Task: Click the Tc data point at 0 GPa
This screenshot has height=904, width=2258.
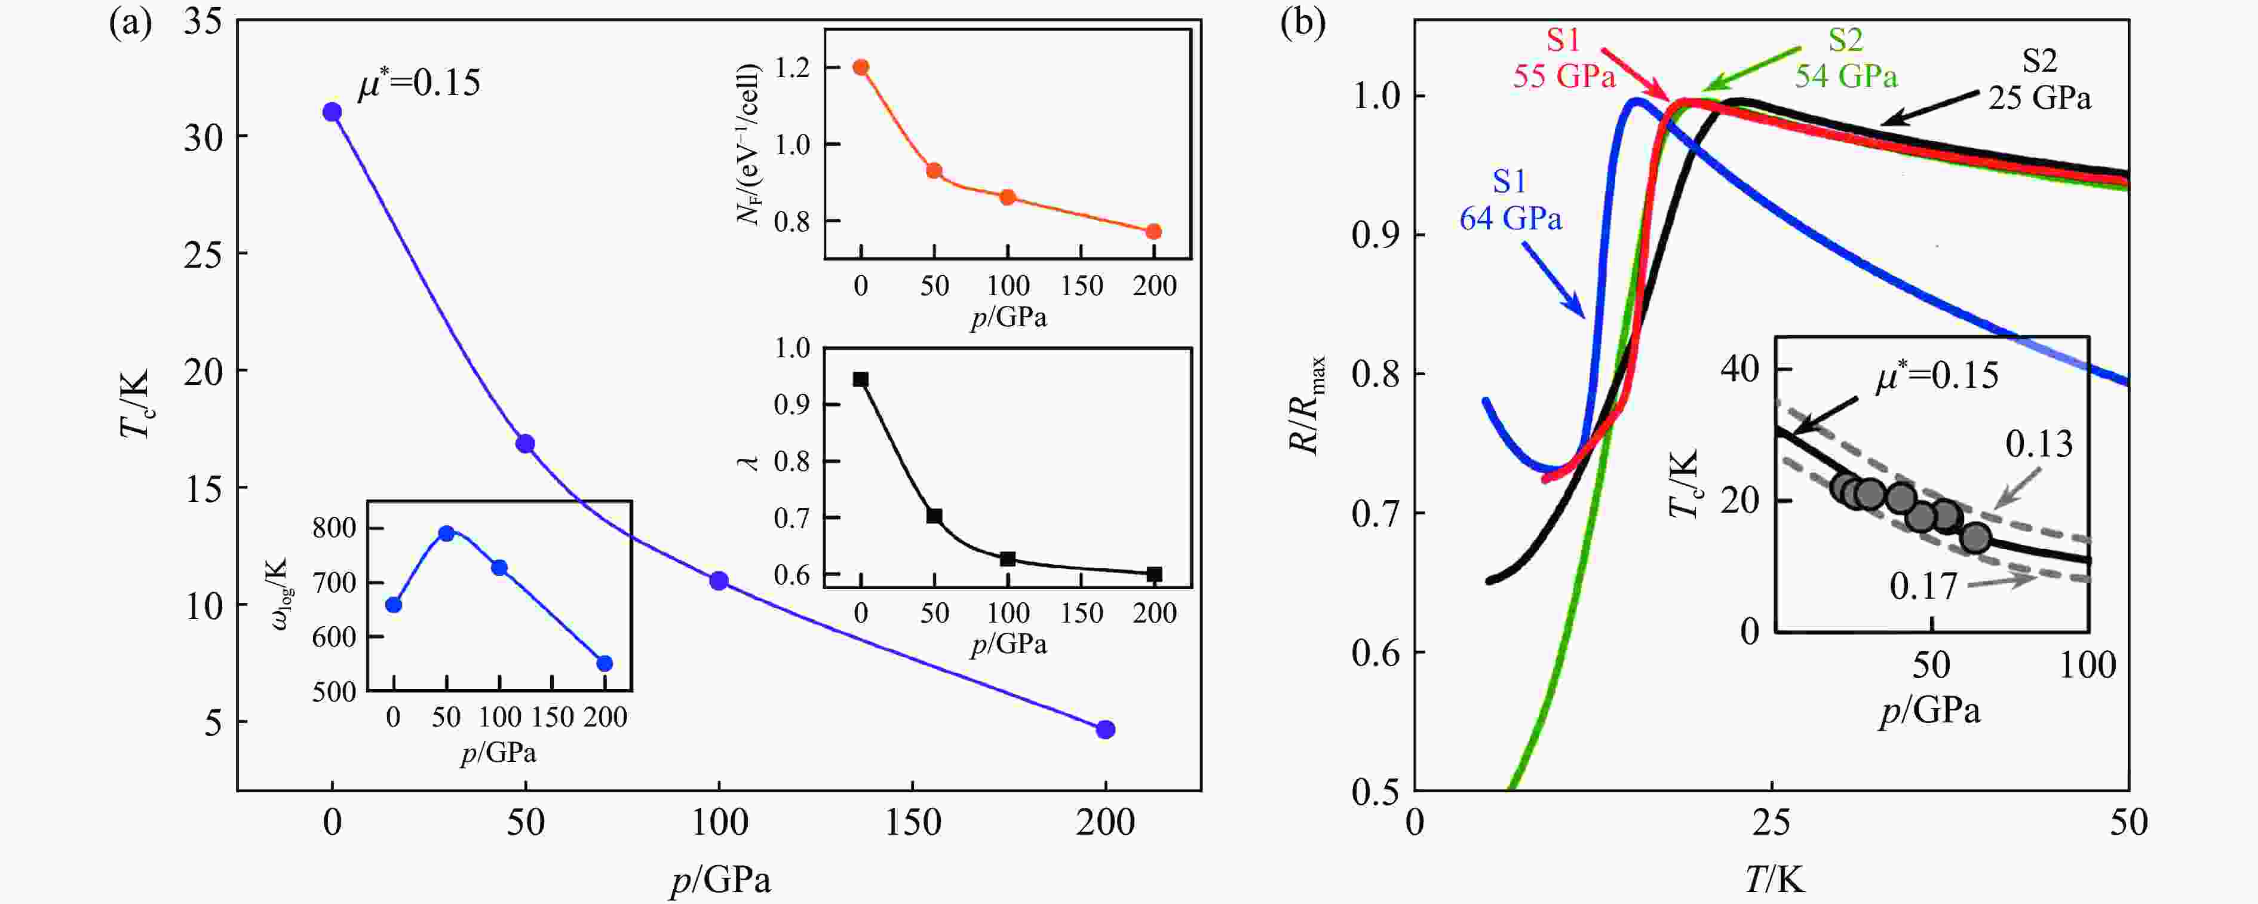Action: pyautogui.click(x=332, y=112)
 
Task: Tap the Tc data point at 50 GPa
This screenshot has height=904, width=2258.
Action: pyautogui.click(x=525, y=444)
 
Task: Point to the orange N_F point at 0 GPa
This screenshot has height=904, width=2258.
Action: pyautogui.click(x=861, y=68)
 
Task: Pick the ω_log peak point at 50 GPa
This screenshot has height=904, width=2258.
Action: pyautogui.click(x=446, y=533)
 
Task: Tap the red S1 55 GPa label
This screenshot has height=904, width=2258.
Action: pyautogui.click(x=1564, y=59)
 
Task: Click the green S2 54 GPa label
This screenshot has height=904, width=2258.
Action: pyautogui.click(x=1845, y=59)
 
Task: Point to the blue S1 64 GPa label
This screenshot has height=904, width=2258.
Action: pyautogui.click(x=1510, y=200)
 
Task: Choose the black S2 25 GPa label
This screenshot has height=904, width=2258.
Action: pyautogui.click(x=2039, y=79)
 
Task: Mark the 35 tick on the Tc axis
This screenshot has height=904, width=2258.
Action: pyautogui.click(x=203, y=20)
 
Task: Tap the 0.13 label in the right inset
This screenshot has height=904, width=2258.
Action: pyautogui.click(x=2039, y=445)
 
